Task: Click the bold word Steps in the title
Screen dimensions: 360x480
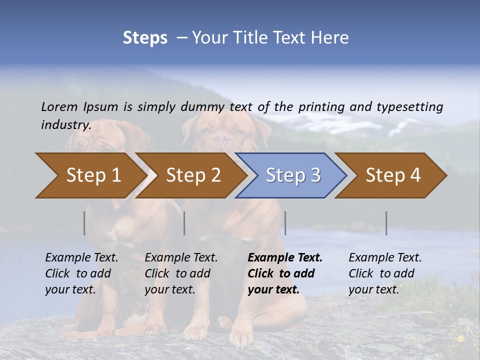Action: [x=145, y=38]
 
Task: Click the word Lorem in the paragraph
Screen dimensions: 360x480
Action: [x=59, y=106]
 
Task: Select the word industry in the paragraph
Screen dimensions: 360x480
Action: [x=65, y=124]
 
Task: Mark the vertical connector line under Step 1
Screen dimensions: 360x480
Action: [x=84, y=223]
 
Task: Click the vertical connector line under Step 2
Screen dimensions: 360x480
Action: [x=184, y=223]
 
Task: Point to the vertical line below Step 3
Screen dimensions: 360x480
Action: [x=285, y=223]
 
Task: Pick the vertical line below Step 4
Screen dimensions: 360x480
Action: [x=386, y=223]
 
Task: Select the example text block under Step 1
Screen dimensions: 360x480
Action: [x=81, y=273]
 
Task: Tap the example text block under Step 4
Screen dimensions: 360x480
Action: [x=385, y=273]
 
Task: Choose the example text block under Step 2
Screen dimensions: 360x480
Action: [x=181, y=273]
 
